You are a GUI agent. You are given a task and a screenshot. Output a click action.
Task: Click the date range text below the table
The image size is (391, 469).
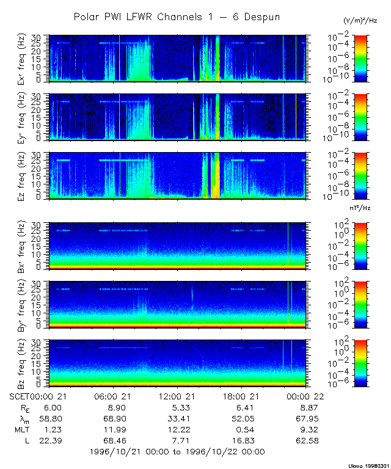pos(177,452)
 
